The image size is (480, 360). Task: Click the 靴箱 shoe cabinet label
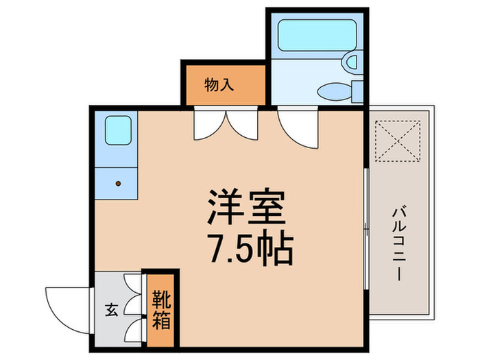tap(160, 310)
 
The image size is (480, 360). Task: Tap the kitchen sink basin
tap(117, 130)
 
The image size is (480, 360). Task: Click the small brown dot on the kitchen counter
tap(118, 183)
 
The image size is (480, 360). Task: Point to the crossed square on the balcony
tap(400, 141)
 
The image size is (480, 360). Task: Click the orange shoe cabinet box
tap(160, 309)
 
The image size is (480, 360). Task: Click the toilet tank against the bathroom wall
tap(357, 91)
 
